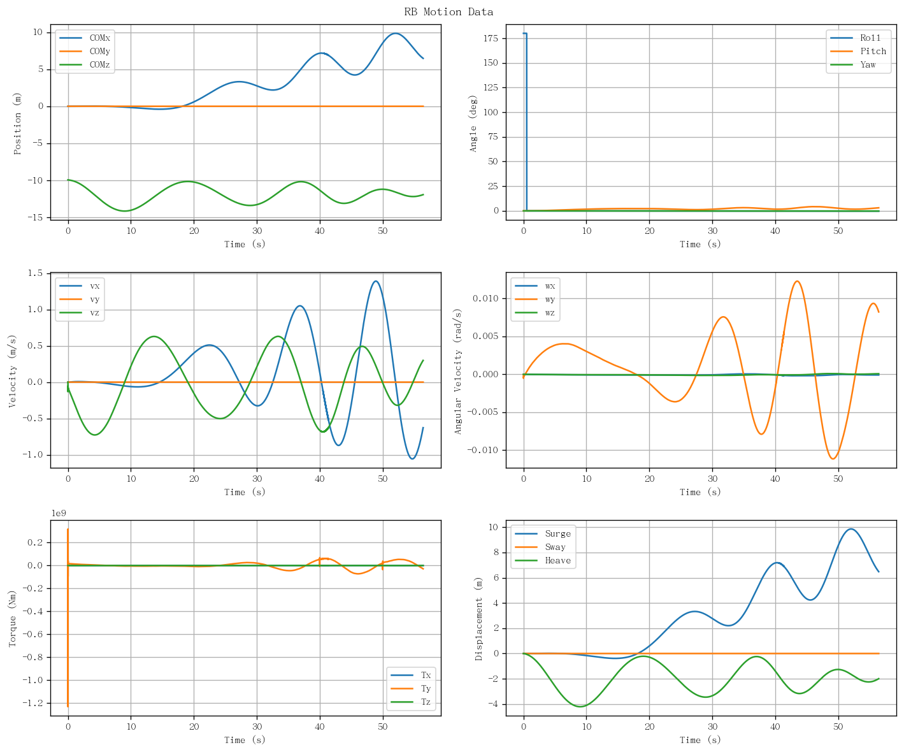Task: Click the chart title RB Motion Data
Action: coord(448,11)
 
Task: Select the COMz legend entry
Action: coord(85,64)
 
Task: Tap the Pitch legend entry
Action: coord(858,51)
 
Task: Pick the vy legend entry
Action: coord(80,300)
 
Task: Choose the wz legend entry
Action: coord(535,313)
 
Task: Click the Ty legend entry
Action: coord(411,688)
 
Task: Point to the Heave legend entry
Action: coord(543,561)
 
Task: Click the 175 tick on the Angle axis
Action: coord(491,38)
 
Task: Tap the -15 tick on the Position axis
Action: coord(35,217)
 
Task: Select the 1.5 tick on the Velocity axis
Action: coord(36,273)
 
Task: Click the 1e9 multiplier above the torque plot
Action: coord(59,513)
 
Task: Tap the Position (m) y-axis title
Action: coord(17,123)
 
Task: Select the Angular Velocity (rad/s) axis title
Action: coord(458,372)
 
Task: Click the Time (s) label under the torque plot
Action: coord(245,740)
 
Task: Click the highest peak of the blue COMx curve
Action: coord(395,33)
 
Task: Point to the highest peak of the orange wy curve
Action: coord(797,281)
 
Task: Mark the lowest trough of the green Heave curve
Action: coord(580,707)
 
